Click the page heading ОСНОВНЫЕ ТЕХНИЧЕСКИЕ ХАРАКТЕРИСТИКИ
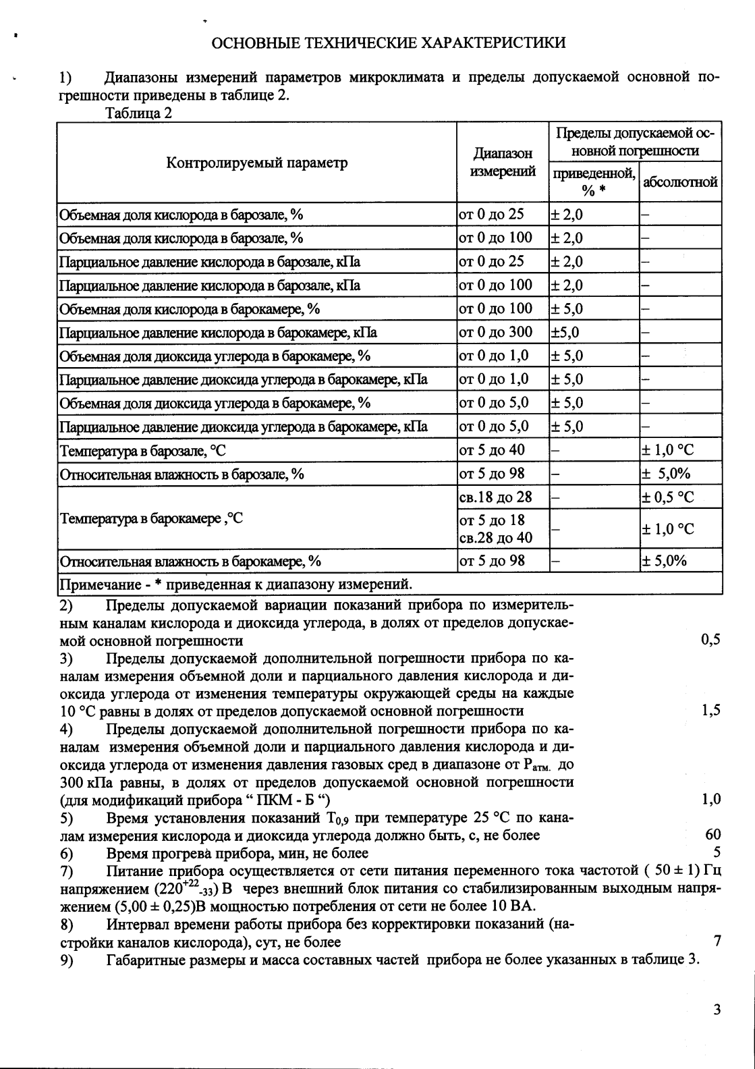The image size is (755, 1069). click(x=389, y=43)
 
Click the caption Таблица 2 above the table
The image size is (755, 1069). click(x=139, y=113)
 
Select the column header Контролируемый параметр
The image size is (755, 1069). click(x=257, y=163)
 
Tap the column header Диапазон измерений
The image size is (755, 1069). click(x=503, y=163)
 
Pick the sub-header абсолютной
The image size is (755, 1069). click(x=680, y=182)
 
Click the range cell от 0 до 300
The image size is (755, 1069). click(x=496, y=332)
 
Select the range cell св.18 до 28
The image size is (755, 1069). click(x=496, y=497)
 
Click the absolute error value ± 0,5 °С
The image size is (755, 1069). click(x=667, y=497)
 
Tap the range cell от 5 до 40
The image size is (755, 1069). click(x=492, y=450)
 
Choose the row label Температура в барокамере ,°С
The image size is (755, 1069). click(x=151, y=518)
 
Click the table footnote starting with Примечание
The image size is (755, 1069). click(x=235, y=583)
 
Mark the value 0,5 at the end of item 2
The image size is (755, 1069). click(x=710, y=640)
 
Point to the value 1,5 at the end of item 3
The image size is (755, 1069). click(x=710, y=710)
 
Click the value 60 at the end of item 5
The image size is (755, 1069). click(x=712, y=835)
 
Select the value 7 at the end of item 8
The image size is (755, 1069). click(x=717, y=941)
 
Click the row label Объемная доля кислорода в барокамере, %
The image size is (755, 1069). click(x=190, y=309)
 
